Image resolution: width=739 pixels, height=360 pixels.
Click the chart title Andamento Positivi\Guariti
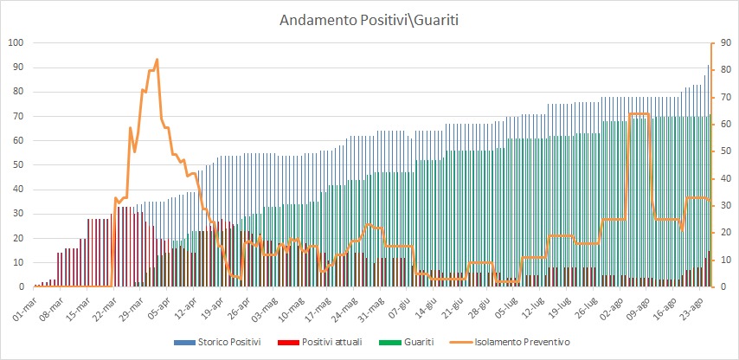369,19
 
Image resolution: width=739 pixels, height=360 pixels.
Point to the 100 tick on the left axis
15,42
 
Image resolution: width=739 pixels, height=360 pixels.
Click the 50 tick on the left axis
17,164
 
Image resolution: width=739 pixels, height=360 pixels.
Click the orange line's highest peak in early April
157,60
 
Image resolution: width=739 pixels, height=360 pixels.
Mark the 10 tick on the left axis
17,262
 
